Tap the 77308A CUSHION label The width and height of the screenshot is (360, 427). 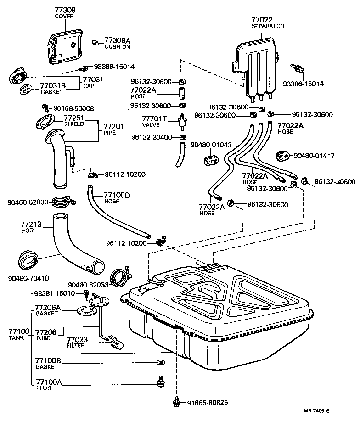point(117,43)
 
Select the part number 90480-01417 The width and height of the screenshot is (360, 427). point(314,156)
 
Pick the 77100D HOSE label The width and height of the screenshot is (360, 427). point(117,197)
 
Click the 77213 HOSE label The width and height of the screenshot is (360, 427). point(31,227)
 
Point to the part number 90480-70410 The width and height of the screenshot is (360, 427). point(28,278)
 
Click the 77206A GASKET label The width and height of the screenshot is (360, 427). point(48,310)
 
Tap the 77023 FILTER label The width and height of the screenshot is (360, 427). point(76,342)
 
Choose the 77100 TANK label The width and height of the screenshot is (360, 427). point(18,334)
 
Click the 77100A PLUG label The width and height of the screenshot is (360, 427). point(45,384)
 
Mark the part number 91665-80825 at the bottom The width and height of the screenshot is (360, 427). point(207,403)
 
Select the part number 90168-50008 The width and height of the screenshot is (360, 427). point(73,108)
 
